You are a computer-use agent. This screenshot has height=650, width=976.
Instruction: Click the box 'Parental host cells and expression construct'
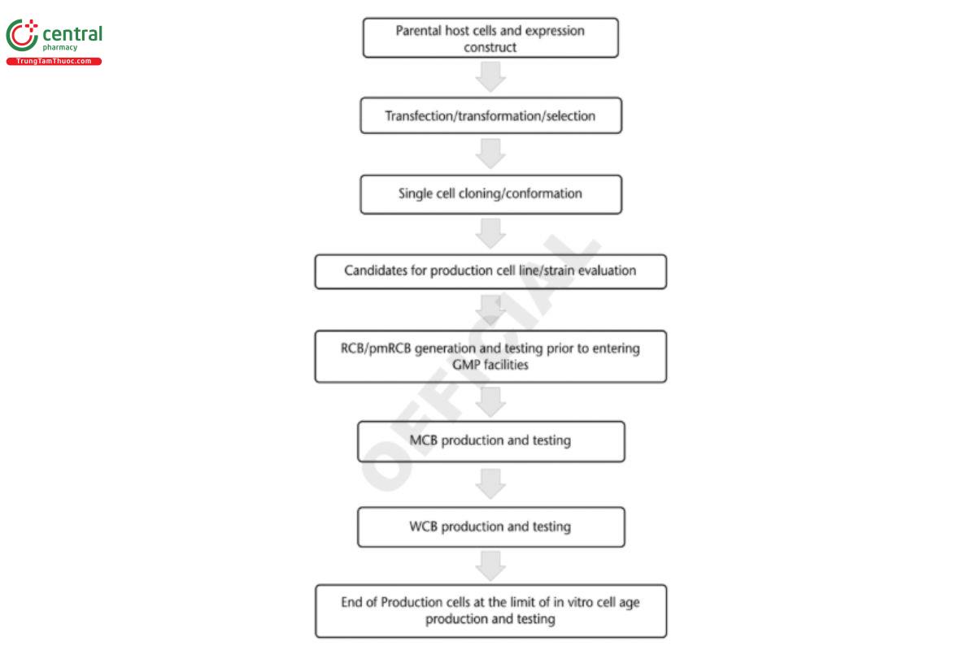(x=490, y=39)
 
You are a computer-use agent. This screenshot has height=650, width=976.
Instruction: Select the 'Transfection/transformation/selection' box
(x=490, y=115)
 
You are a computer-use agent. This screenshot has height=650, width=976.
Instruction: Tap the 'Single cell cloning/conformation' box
(x=490, y=194)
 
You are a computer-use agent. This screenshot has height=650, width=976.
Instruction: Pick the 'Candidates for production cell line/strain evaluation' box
(x=490, y=271)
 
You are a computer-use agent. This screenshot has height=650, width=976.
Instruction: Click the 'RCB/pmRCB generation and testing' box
(x=490, y=356)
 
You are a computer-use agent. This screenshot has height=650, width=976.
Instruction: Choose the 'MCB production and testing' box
(x=490, y=441)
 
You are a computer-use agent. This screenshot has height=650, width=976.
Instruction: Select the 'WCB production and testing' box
(x=490, y=526)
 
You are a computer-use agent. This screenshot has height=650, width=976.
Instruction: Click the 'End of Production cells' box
(x=490, y=611)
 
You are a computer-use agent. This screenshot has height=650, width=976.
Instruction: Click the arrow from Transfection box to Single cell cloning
(x=490, y=154)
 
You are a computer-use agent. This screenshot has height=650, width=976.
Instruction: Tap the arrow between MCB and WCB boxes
(x=490, y=483)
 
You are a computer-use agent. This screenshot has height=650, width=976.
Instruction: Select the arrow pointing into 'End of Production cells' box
(x=490, y=565)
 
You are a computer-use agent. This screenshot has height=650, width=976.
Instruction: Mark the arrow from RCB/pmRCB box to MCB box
(x=490, y=401)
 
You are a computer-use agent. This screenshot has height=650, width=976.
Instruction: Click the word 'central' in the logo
(x=72, y=34)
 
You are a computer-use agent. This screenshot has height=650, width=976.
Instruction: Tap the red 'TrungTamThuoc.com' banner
(x=54, y=62)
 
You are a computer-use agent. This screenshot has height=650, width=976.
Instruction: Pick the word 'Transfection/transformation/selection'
(x=490, y=115)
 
